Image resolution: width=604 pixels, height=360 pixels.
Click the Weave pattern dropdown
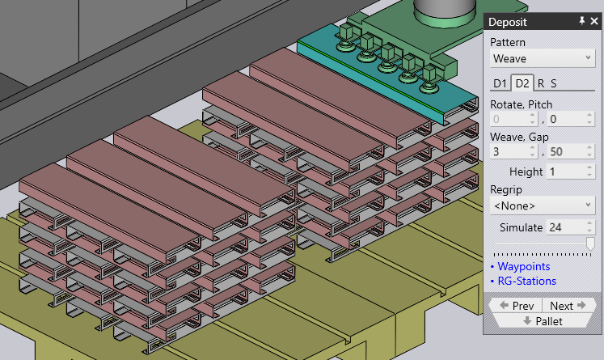click(543, 58)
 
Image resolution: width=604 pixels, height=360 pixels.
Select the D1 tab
click(501, 83)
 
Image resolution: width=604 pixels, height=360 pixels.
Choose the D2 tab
click(522, 83)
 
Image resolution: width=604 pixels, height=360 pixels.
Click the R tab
click(541, 83)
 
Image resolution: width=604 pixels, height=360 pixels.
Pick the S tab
click(554, 83)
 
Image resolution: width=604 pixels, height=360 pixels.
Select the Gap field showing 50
click(566, 151)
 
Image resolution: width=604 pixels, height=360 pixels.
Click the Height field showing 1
click(566, 172)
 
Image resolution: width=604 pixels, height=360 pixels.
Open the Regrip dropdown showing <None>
click(543, 205)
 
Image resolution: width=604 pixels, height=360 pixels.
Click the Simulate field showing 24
click(566, 227)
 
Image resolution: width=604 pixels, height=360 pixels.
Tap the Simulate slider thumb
click(590, 244)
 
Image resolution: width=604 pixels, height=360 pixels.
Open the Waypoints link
click(523, 266)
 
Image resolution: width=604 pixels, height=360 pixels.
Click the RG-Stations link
click(526, 281)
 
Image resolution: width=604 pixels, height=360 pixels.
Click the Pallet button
click(543, 321)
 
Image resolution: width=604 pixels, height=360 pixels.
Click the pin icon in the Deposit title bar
click(581, 22)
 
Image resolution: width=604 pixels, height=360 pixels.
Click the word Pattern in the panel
click(508, 41)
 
